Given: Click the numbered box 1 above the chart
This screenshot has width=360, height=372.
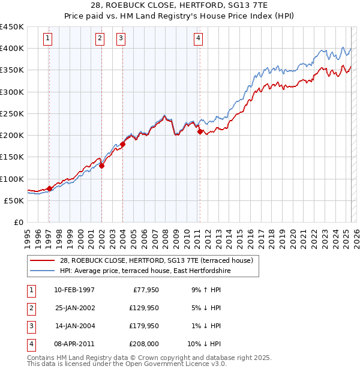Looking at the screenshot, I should (47, 39).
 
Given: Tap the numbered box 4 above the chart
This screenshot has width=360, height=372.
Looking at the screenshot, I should (197, 39).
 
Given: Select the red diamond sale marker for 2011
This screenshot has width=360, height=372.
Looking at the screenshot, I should (200, 132).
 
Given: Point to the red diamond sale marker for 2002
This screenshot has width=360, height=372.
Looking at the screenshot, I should (102, 166).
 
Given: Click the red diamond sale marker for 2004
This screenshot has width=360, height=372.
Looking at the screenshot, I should (122, 144).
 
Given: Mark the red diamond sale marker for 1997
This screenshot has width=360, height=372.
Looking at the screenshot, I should (49, 188).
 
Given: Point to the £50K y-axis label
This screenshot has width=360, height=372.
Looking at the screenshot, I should (14, 200).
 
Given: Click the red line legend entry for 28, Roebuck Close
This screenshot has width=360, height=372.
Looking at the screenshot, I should (157, 261).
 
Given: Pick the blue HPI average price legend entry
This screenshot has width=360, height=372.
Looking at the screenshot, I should (145, 271).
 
